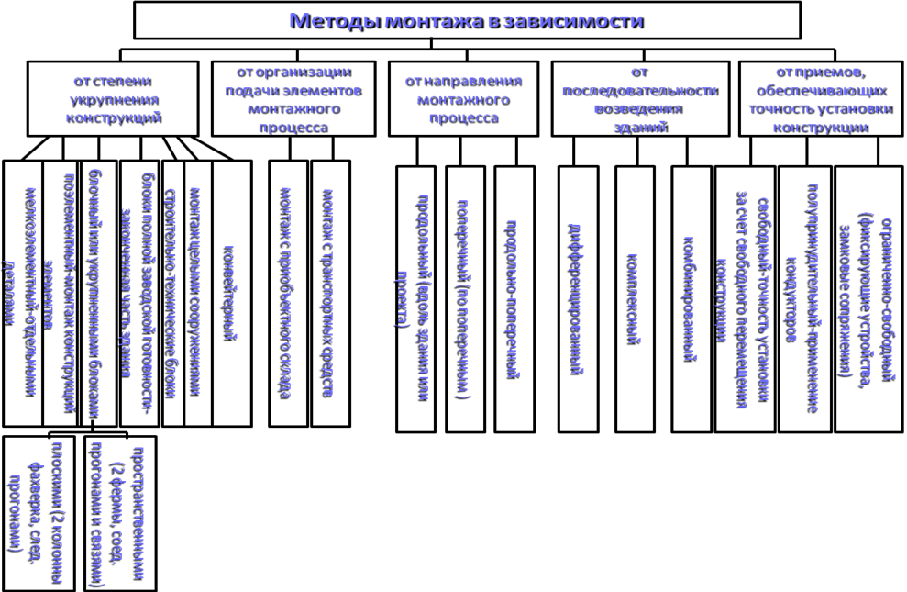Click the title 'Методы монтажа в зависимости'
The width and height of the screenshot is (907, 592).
coord(465,20)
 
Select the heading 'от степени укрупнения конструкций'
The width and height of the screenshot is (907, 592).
coord(113,99)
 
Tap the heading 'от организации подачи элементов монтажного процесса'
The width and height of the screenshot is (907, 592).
coord(293,99)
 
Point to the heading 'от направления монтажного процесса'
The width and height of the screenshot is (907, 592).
coord(463,99)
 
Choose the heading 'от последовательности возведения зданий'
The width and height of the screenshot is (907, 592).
coord(638,99)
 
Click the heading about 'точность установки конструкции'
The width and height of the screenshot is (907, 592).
coord(819,99)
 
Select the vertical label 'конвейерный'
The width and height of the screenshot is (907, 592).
coord(232,292)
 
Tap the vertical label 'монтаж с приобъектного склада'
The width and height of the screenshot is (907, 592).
coord(286,292)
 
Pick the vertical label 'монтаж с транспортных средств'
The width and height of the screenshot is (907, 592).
coord(328,292)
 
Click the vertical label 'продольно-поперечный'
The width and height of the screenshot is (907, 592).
coord(514,299)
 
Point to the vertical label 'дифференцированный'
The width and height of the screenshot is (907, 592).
coord(576,299)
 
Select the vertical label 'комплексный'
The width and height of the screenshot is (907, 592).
coord(633,299)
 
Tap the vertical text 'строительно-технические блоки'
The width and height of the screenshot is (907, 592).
coord(171,292)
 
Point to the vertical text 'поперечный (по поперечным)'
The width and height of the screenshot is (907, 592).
coord(464,299)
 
